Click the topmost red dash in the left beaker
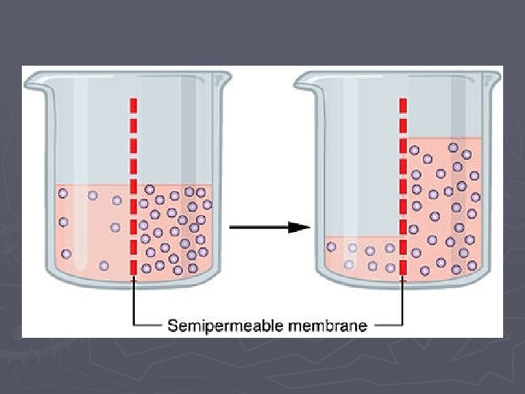(133, 104)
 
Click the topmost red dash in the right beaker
(402, 104)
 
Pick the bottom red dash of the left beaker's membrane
(133, 268)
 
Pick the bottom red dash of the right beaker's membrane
(402, 268)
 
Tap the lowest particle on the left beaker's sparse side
(104, 264)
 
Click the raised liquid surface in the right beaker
(445, 139)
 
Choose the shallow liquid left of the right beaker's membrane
(361, 255)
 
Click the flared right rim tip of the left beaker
(228, 74)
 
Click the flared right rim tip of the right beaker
(497, 74)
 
